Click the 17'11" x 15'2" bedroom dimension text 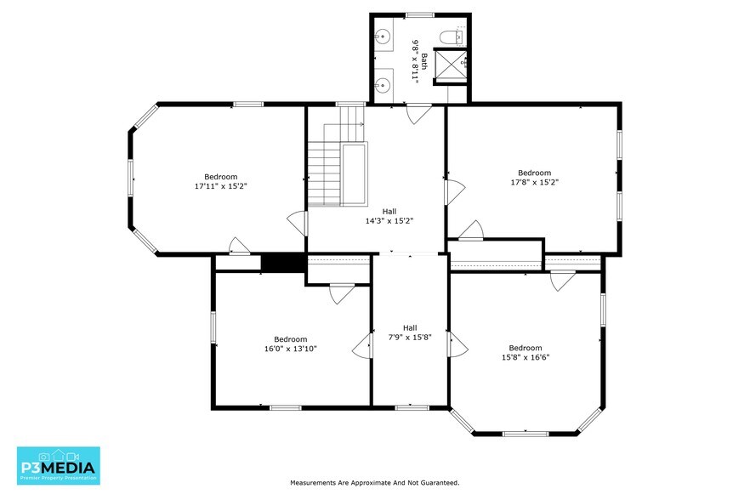(220, 186)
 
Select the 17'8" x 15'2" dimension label (534, 182)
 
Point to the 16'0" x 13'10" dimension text (290, 349)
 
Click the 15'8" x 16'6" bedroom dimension (526, 357)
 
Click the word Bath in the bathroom (423, 62)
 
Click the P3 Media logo (59, 465)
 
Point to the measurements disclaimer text (374, 483)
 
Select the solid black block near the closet (282, 263)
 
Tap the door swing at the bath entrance (418, 114)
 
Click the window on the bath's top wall (419, 15)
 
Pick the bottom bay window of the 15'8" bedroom (526, 434)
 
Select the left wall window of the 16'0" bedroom (213, 327)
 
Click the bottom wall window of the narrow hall (412, 407)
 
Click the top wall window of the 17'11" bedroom (247, 105)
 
